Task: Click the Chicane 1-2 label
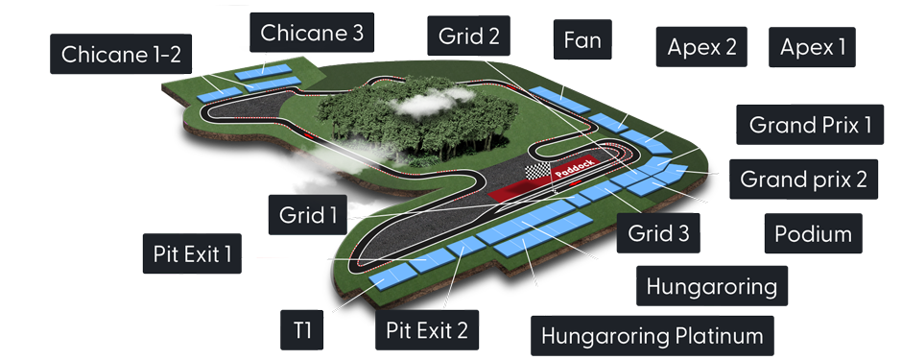click(x=120, y=55)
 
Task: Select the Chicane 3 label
click(x=311, y=34)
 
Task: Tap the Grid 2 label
click(x=468, y=37)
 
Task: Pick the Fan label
click(x=582, y=40)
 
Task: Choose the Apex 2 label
click(x=701, y=47)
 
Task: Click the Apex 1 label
click(x=813, y=47)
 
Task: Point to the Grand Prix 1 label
click(x=810, y=125)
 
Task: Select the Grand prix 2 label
click(x=803, y=179)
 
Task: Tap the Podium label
click(x=812, y=234)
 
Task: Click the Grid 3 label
click(x=658, y=232)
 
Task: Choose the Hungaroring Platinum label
click(x=652, y=336)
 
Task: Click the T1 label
click(x=302, y=331)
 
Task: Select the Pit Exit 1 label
click(x=192, y=254)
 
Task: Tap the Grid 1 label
click(x=308, y=213)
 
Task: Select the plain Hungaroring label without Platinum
click(x=710, y=286)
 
